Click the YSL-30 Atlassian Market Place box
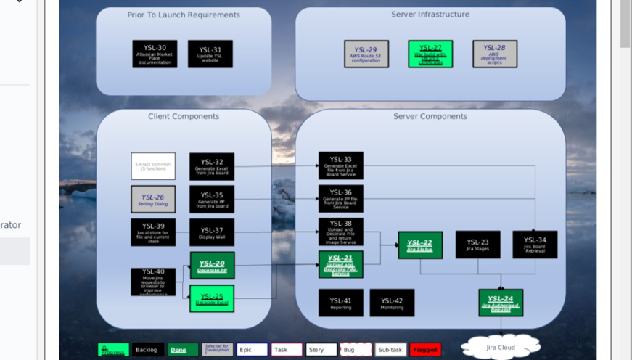[x=155, y=54]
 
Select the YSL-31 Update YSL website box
[x=210, y=54]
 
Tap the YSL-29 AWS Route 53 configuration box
[x=366, y=54]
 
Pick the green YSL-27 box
[x=430, y=54]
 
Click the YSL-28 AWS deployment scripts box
[x=495, y=54]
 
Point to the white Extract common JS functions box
[x=153, y=166]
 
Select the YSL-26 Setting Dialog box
[x=153, y=199]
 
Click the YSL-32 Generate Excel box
[x=212, y=166]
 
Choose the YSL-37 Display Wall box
[x=212, y=232]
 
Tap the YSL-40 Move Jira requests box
[x=153, y=282]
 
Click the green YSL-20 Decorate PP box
[x=212, y=266]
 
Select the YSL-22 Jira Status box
[x=420, y=245]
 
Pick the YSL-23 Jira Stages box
[x=477, y=245]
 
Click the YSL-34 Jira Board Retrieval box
[x=535, y=245]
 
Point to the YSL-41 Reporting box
[x=341, y=303]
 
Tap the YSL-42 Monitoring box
[x=392, y=303]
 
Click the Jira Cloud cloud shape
[x=501, y=347]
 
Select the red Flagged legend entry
[x=425, y=350]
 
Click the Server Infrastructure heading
[x=430, y=15]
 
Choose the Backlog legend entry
[x=147, y=350]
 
